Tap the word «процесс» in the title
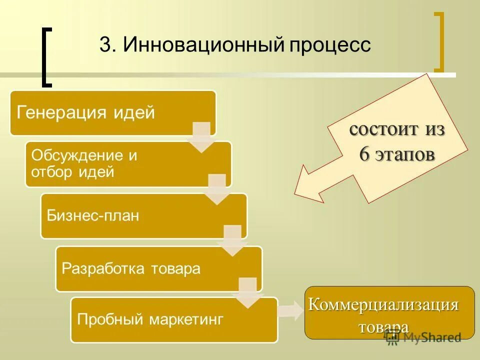coord(329,45)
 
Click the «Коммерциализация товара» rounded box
coord(389,312)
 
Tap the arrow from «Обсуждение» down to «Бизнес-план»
coord(217,189)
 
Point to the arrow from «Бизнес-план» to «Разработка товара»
coord(232,241)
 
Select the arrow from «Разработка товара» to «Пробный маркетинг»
coord(248,292)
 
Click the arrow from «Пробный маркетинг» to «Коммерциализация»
coord(290,311)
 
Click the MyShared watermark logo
coord(424,338)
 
